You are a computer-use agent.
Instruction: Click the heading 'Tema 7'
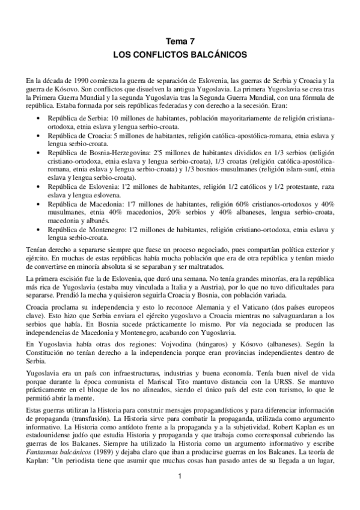[180, 41]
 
